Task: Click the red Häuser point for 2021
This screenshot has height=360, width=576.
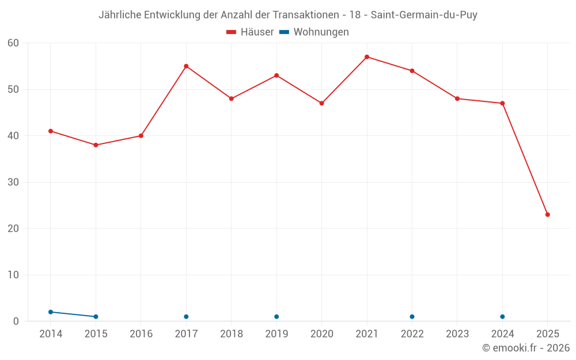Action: click(367, 57)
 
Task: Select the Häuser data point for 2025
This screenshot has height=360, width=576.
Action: click(548, 215)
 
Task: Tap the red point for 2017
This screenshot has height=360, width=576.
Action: click(186, 66)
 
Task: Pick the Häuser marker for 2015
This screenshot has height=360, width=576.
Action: click(96, 145)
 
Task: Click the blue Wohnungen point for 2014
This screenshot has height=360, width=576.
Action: click(51, 312)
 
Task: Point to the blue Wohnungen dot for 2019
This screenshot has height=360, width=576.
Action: click(276, 317)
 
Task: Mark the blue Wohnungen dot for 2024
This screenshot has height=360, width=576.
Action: click(502, 317)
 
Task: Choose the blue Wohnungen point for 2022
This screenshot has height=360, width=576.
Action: click(412, 317)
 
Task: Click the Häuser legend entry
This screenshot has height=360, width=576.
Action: click(250, 32)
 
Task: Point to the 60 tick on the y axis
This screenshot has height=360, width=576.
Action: click(14, 43)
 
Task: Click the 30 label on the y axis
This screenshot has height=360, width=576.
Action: click(14, 183)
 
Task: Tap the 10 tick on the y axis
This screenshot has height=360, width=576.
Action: click(14, 275)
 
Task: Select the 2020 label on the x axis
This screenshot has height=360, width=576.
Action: click(321, 334)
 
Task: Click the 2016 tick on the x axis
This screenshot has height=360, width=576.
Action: click(141, 334)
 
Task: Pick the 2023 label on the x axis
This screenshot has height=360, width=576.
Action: click(457, 334)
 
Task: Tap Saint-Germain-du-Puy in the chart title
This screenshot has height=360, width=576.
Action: click(424, 15)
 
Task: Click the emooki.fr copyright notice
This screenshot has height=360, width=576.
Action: click(525, 348)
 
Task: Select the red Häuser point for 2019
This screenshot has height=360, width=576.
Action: click(276, 75)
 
